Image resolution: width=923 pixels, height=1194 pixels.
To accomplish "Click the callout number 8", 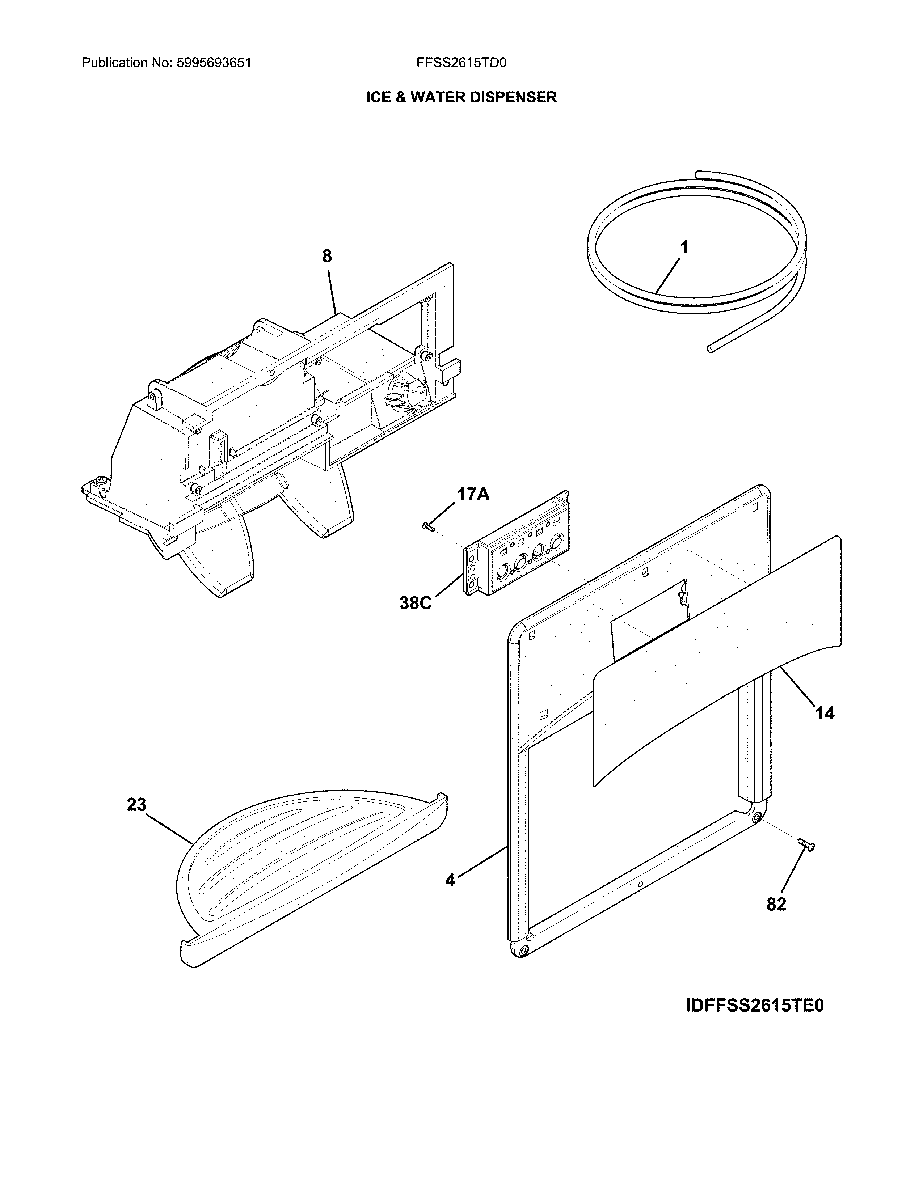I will (x=326, y=257).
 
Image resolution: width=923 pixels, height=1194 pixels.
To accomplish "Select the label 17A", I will (x=473, y=495).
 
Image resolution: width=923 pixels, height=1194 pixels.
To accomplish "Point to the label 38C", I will (x=416, y=603).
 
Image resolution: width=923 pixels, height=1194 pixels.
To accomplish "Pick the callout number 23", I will (x=137, y=805).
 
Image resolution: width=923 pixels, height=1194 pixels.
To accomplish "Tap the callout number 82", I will (x=776, y=904).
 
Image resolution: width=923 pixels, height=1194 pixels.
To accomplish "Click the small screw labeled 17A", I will (x=427, y=526).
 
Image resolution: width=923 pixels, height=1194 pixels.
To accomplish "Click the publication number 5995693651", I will (x=214, y=63).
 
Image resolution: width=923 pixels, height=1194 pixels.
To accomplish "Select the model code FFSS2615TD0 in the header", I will (x=461, y=63).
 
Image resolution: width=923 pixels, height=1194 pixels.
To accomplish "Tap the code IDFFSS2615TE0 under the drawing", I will (x=755, y=1006).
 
